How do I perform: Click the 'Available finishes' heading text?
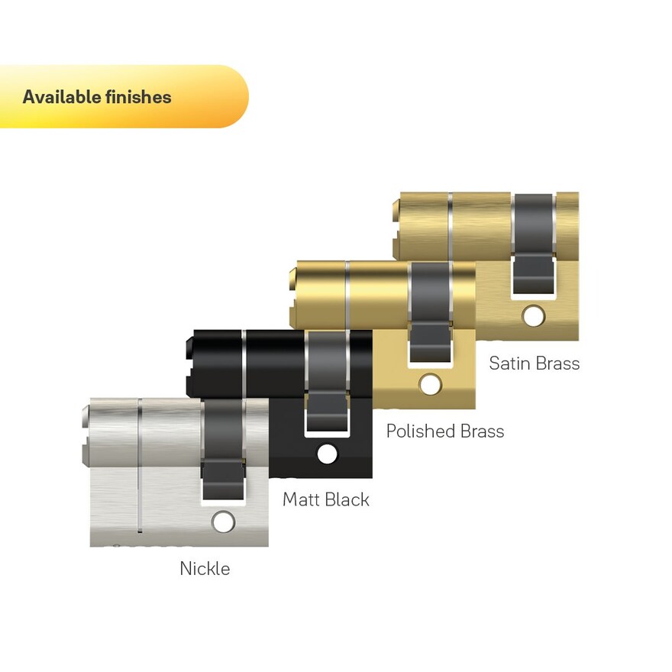(x=97, y=97)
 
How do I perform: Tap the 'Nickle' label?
(x=205, y=569)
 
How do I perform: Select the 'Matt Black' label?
(x=326, y=499)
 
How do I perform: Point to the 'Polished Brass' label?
(x=445, y=431)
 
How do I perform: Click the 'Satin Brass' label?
(x=534, y=363)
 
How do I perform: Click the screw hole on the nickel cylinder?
(x=223, y=522)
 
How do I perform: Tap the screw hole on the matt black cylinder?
(x=327, y=454)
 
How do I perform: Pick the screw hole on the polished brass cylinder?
(x=430, y=384)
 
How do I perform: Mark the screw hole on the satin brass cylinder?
(x=533, y=316)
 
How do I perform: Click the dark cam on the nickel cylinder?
(x=223, y=450)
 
